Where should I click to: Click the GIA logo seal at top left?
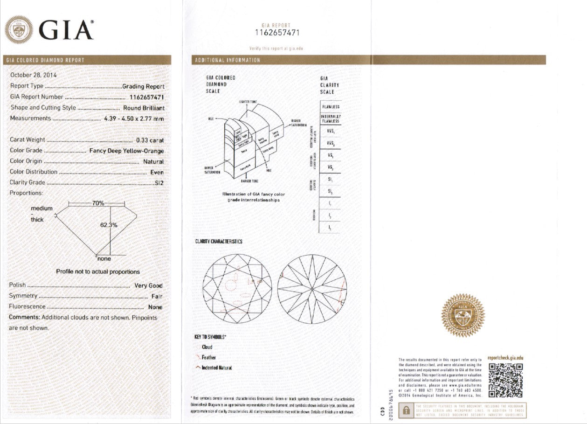tap(19, 29)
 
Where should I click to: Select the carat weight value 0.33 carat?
tap(150, 140)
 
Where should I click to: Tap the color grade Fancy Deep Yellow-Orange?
tap(126, 151)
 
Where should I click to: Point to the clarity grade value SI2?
tap(159, 183)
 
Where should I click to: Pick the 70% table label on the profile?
tap(98, 203)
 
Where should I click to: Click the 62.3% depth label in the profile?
tap(109, 225)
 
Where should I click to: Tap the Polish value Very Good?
tap(148, 285)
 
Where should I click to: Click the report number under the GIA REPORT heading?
tap(276, 33)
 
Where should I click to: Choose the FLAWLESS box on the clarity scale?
tap(331, 107)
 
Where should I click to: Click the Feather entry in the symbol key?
tap(208, 357)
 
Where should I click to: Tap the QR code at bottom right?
tap(505, 380)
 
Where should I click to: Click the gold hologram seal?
tap(463, 315)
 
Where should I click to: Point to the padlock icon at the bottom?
tap(406, 410)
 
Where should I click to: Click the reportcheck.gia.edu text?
tap(505, 358)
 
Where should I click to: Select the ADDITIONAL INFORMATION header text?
tap(228, 60)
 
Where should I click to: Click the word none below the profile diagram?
tap(104, 259)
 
